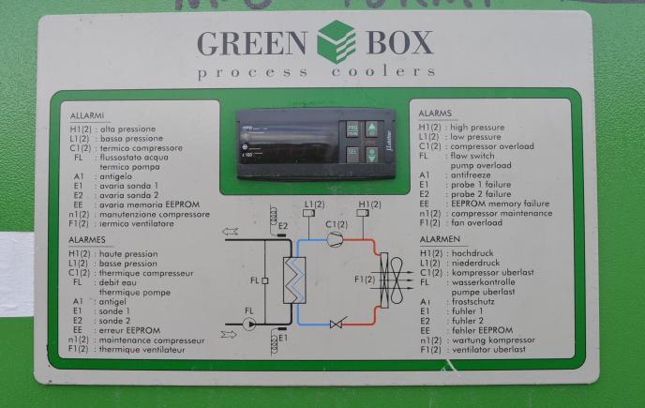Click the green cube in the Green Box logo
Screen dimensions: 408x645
(337, 41)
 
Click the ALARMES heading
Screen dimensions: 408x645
(87, 242)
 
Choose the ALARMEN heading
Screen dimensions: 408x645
(438, 241)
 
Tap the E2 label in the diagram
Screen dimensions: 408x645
(282, 225)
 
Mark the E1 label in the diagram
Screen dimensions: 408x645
(282, 337)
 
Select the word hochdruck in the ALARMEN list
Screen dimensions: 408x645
(472, 253)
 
